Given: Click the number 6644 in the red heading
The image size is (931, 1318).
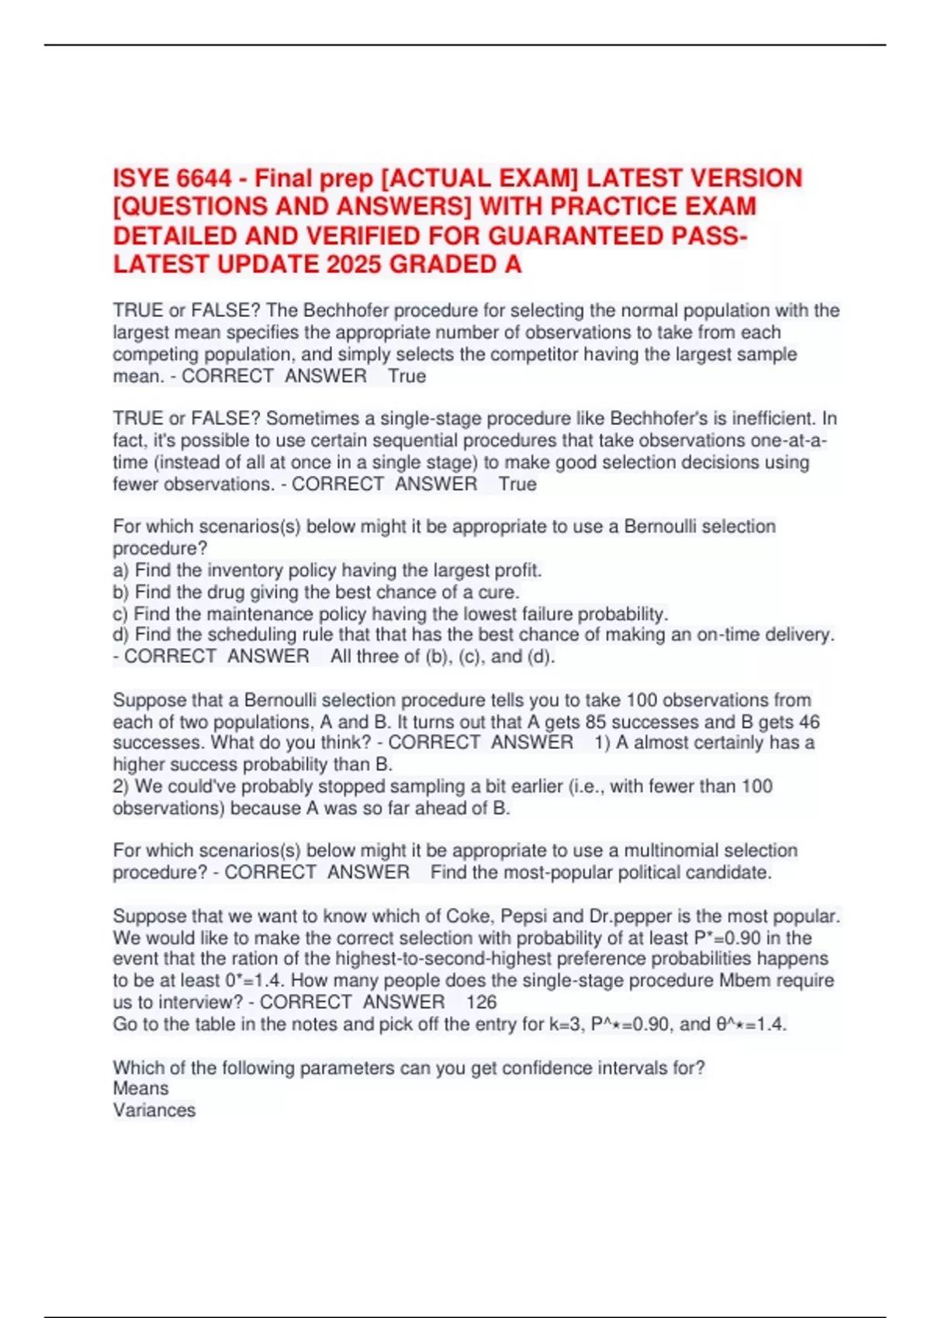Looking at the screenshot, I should (204, 178).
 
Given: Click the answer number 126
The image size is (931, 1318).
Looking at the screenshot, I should (481, 1002).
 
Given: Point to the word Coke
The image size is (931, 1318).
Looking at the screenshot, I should (468, 916).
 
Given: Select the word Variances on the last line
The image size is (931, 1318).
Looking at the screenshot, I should (154, 1110).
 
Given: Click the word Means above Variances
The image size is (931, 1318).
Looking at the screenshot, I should (140, 1089).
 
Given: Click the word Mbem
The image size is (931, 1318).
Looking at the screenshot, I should (747, 980).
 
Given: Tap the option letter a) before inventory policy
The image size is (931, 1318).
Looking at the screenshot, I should (121, 571).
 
